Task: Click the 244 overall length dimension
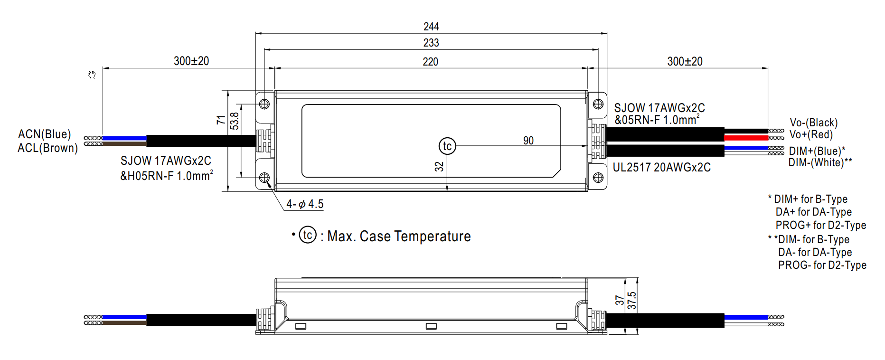(x=431, y=27)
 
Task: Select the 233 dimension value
(x=431, y=43)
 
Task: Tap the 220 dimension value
(x=431, y=62)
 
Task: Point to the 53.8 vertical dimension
(x=235, y=121)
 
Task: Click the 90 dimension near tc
(x=528, y=141)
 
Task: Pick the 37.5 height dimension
(x=631, y=301)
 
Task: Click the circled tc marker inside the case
(x=447, y=146)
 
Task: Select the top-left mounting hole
(x=264, y=104)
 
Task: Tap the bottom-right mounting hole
(x=598, y=178)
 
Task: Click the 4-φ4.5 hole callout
(x=305, y=204)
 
